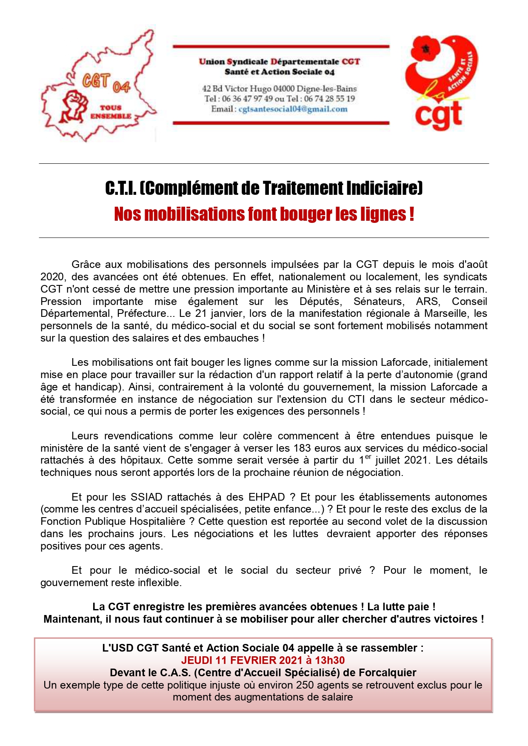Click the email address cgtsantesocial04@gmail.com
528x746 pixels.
coord(293,109)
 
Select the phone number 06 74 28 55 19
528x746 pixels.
coord(329,99)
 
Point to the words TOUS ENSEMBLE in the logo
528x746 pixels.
coord(111,112)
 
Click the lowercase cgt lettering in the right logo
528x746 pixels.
coord(438,115)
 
